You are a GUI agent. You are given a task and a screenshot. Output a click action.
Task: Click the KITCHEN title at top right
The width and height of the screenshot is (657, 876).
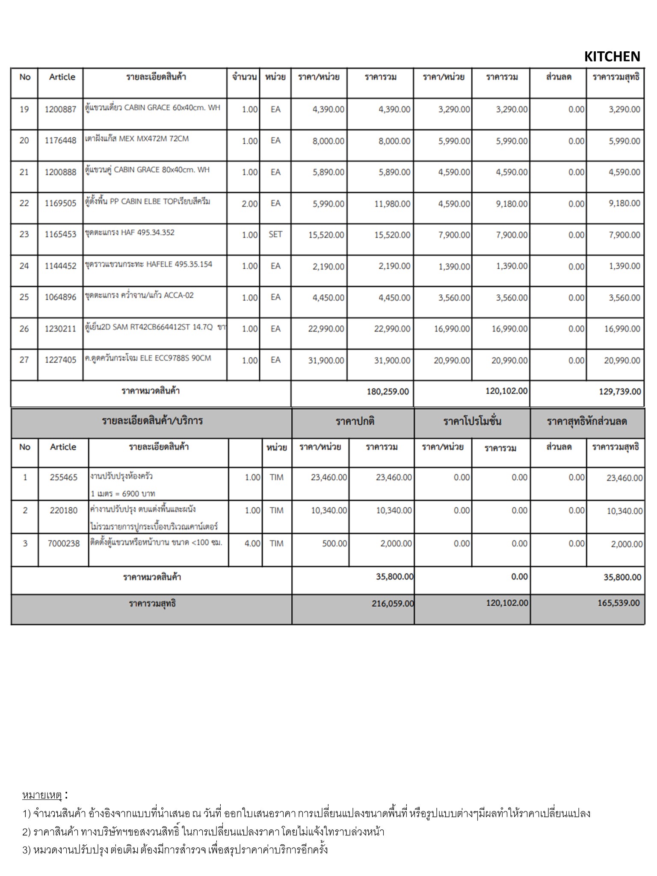pyautogui.click(x=612, y=56)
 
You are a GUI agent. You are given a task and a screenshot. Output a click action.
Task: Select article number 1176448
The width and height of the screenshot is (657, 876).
pyautogui.click(x=60, y=141)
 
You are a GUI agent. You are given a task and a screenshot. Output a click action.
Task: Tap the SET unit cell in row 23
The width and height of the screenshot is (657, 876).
pyautogui.click(x=275, y=234)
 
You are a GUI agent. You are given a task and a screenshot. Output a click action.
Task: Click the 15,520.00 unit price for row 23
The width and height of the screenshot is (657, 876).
pyautogui.click(x=326, y=235)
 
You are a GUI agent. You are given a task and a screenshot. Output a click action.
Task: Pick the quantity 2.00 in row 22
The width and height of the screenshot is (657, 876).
pyautogui.click(x=249, y=204)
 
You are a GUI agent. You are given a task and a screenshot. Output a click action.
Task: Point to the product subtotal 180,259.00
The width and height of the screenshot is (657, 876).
pyautogui.click(x=388, y=391)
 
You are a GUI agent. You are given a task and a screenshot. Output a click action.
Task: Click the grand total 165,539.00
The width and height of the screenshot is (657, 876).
pyautogui.click(x=619, y=603)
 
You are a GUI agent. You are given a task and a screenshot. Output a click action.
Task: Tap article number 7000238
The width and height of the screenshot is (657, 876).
pyautogui.click(x=64, y=543)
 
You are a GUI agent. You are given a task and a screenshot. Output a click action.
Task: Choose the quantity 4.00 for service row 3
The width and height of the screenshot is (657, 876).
pyautogui.click(x=252, y=543)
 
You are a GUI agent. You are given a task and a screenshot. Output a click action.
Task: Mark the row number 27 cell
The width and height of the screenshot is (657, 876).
pyautogui.click(x=24, y=360)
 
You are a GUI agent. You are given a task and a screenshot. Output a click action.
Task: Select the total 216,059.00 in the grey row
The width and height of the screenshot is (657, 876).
pyautogui.click(x=393, y=604)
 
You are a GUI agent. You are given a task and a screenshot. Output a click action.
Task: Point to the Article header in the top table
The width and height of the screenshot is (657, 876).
pyautogui.click(x=62, y=77)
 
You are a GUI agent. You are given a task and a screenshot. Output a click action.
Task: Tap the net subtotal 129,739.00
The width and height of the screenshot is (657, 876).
pyautogui.click(x=620, y=391)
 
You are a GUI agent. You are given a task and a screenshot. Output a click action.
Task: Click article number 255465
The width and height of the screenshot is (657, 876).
pyautogui.click(x=64, y=477)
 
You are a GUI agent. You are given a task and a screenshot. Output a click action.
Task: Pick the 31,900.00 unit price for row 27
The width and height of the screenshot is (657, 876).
pyautogui.click(x=326, y=361)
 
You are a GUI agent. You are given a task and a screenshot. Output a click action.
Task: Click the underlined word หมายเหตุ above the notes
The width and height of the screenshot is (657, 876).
pyautogui.click(x=42, y=795)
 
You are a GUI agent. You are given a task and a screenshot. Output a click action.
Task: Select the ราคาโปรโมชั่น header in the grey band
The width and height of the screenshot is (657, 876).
pyautogui.click(x=472, y=421)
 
